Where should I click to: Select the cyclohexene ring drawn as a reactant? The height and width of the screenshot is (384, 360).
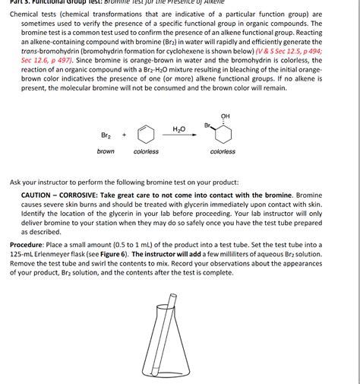(x=147, y=135)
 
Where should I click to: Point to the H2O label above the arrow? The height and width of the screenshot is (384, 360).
(x=179, y=129)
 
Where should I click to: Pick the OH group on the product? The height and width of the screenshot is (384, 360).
(x=225, y=116)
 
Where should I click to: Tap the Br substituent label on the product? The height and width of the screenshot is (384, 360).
(x=207, y=125)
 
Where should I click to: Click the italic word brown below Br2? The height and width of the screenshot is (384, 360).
(x=106, y=151)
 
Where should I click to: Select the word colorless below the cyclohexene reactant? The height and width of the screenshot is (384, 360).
(x=146, y=151)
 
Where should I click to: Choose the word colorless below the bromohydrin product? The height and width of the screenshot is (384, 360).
(x=223, y=151)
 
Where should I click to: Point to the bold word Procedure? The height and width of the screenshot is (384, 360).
(x=30, y=245)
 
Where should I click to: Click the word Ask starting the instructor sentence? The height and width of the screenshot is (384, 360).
(x=15, y=182)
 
